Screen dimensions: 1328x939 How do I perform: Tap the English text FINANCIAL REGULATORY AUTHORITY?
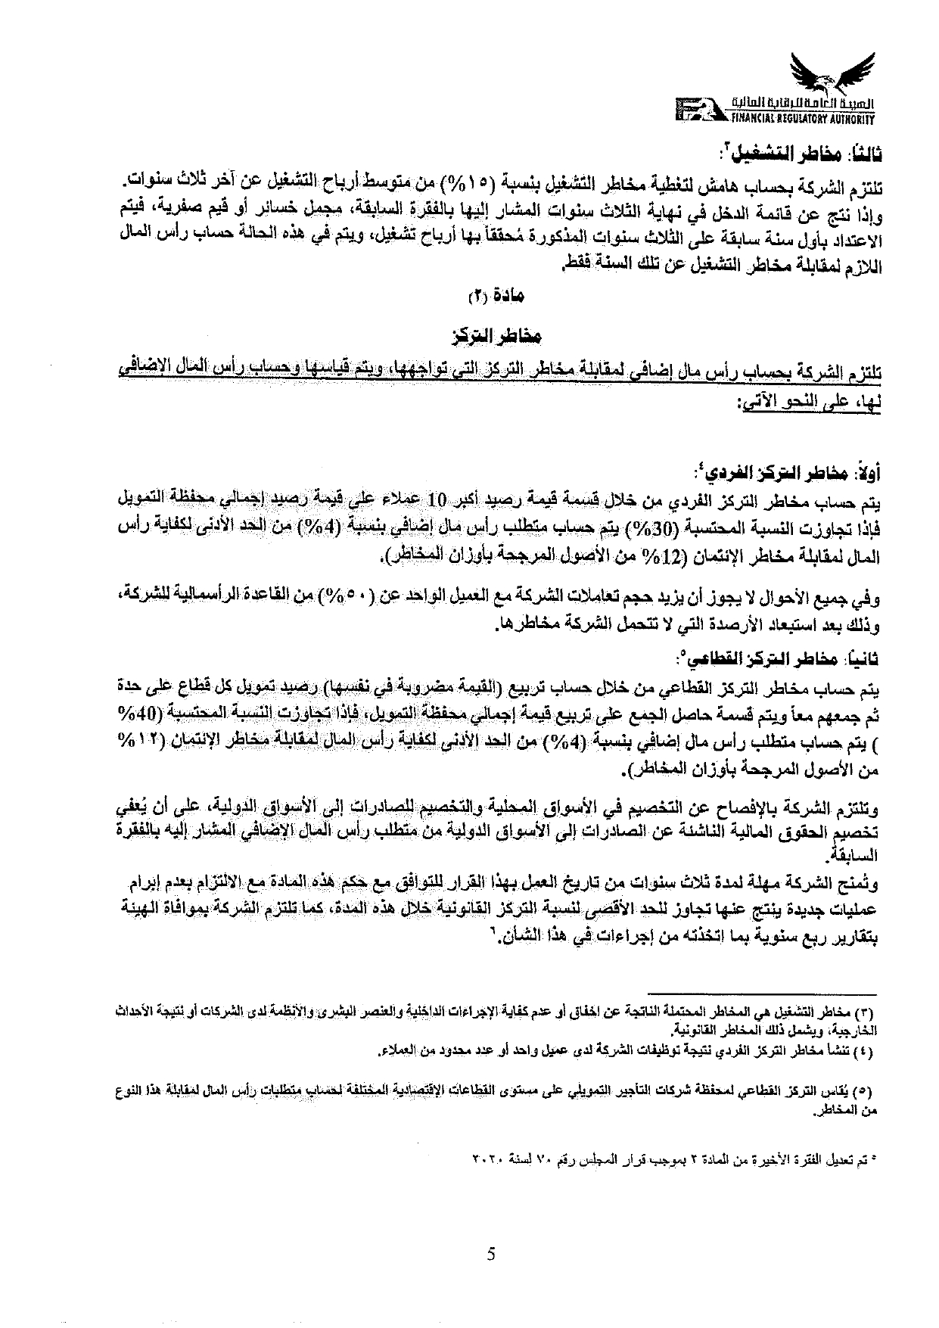point(802,119)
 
